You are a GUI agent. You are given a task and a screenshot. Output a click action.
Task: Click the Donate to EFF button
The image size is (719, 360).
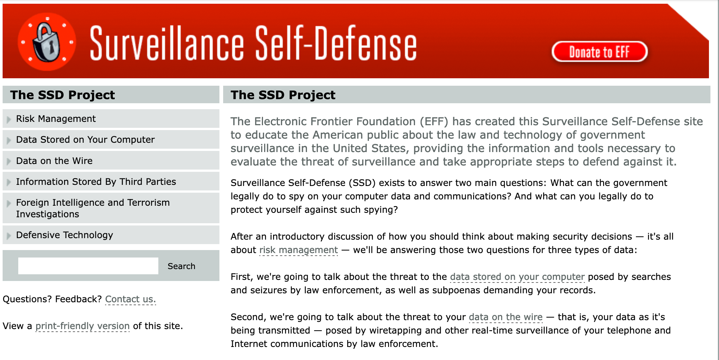point(599,52)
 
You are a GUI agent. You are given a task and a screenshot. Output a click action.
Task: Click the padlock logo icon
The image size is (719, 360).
point(47,42)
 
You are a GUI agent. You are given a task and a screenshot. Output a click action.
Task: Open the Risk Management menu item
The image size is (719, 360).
point(56,119)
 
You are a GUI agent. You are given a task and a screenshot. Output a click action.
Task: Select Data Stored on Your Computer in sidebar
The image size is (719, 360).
point(85,140)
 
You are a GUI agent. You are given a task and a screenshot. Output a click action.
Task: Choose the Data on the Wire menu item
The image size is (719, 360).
point(54,161)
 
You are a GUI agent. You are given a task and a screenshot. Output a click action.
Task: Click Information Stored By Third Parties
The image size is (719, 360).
point(96,182)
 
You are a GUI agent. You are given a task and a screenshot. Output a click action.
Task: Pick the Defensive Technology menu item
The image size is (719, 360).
point(64,235)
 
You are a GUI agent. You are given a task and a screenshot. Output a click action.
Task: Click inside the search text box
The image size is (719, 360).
point(88,266)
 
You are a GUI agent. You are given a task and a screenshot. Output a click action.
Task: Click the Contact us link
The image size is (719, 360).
point(130,299)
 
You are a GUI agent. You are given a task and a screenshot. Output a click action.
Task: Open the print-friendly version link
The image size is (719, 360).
point(82,326)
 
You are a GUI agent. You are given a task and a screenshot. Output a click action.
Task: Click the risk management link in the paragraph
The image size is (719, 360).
point(298,250)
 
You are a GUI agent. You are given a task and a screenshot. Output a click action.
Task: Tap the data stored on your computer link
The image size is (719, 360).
point(517,277)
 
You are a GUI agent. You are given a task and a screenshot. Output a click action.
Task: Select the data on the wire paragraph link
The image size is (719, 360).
point(506,317)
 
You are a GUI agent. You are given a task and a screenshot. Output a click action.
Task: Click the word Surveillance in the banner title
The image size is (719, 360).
point(167,44)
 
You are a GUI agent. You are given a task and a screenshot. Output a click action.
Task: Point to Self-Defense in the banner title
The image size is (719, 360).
point(336,44)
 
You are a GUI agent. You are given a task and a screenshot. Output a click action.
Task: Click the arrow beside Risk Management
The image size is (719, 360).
point(9,120)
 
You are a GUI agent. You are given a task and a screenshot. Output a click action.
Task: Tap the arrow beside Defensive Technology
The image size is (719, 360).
point(9,236)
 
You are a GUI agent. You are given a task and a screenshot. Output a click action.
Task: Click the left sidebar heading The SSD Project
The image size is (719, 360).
point(63,95)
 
